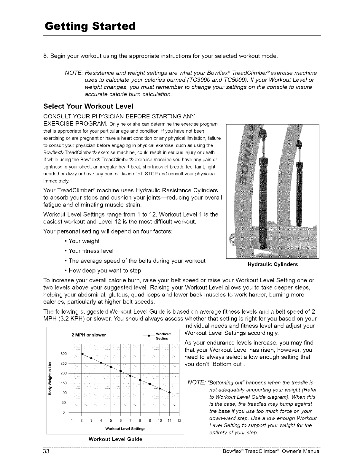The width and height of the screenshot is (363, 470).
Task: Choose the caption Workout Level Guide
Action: click(x=115, y=439)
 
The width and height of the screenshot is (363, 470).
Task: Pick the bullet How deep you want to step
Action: click(x=105, y=271)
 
